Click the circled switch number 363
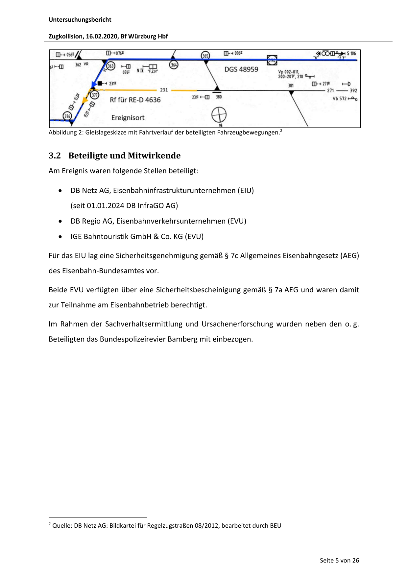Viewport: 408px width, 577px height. point(111,66)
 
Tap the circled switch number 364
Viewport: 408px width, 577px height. point(174,65)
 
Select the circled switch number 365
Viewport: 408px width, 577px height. point(205,56)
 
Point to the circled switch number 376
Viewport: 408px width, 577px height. point(67,116)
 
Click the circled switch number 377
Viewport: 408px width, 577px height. point(95,95)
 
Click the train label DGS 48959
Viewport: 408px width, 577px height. point(241,69)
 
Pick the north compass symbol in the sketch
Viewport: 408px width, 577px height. point(219,115)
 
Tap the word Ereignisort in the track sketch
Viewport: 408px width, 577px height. point(128,118)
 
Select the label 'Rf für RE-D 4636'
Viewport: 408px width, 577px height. point(135,100)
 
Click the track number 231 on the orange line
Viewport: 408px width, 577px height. point(164,90)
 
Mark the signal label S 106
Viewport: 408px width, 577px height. point(351,53)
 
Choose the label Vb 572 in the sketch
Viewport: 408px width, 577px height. point(339,99)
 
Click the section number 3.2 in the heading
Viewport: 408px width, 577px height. point(55,156)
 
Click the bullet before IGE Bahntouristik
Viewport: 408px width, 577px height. point(60,237)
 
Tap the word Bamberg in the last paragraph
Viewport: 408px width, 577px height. point(182,339)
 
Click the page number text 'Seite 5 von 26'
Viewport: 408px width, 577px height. point(339,561)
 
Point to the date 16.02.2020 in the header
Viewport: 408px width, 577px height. point(101,36)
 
